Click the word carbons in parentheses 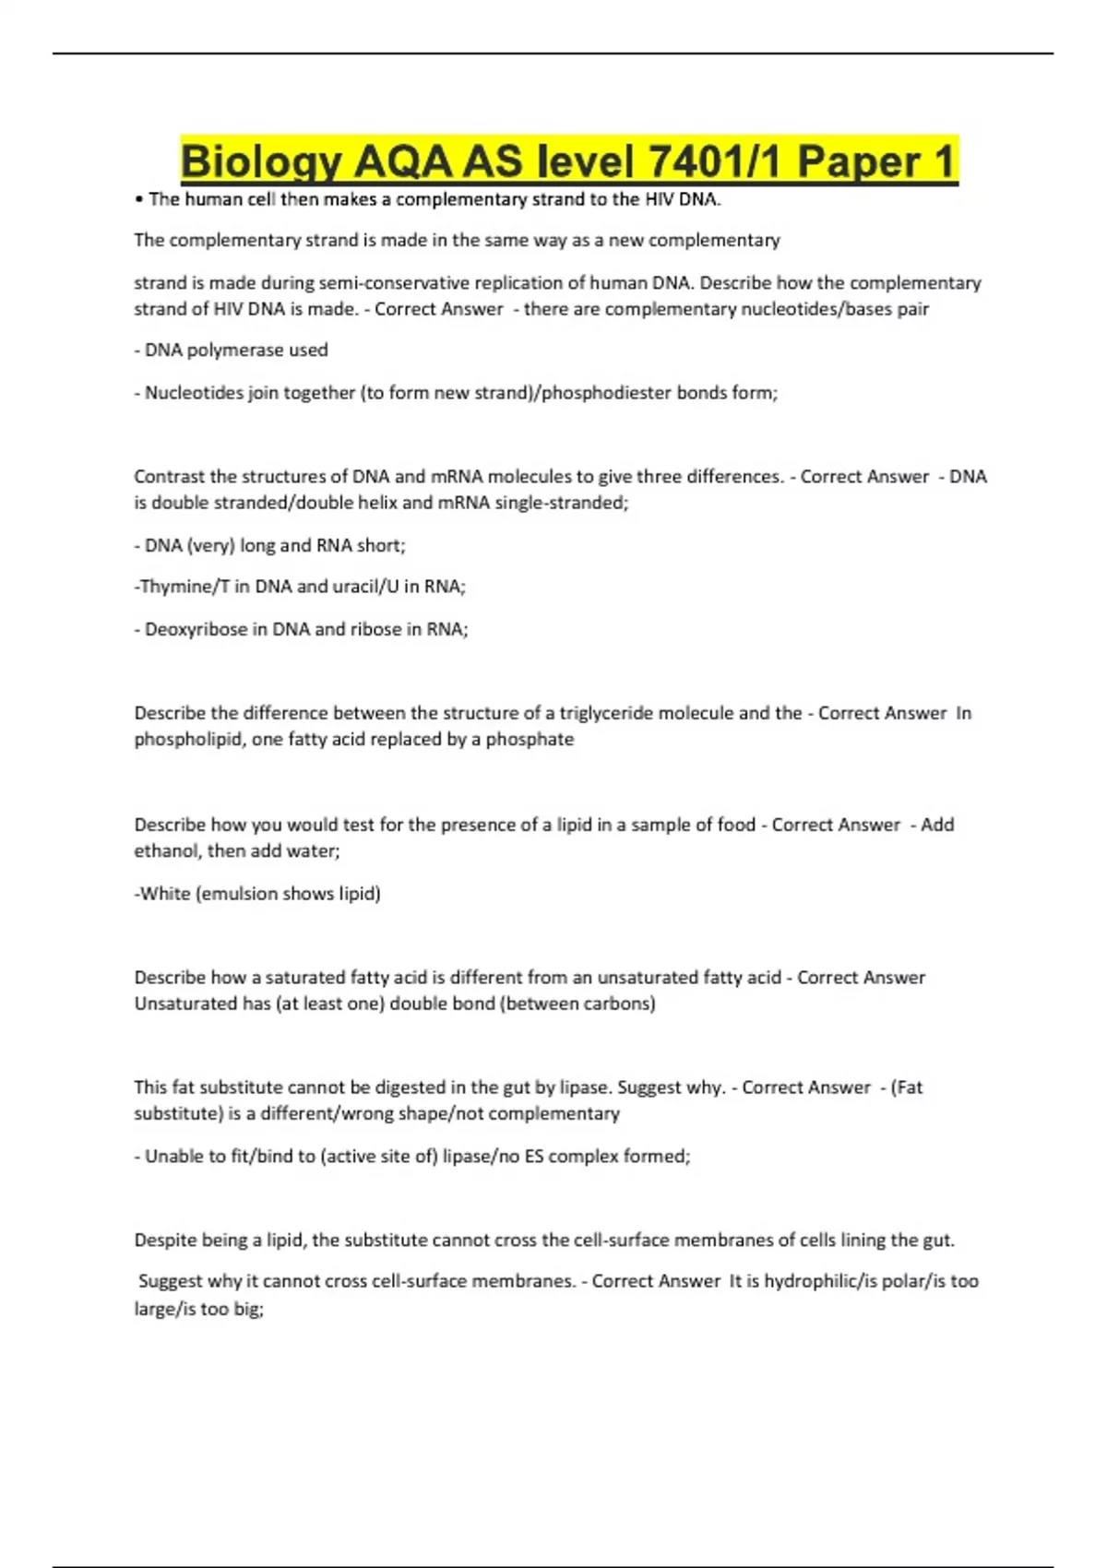tap(619, 1004)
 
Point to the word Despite tap(165, 1241)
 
